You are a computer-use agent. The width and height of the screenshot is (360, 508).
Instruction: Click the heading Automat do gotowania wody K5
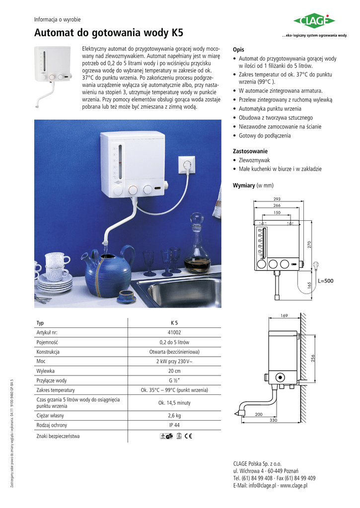(108, 34)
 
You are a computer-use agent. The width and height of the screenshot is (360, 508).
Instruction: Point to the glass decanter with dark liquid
(197, 246)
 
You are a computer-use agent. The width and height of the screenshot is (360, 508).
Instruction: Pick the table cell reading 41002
(174, 332)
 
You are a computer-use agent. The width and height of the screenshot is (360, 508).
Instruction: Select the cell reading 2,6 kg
(174, 415)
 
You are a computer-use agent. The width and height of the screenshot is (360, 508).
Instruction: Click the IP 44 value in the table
(174, 425)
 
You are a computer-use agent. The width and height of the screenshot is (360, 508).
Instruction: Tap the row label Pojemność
(47, 342)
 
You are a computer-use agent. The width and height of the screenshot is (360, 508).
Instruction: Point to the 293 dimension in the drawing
(277, 199)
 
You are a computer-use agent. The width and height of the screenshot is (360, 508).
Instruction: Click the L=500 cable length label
(325, 281)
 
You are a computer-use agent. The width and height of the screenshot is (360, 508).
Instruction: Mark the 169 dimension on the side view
(284, 316)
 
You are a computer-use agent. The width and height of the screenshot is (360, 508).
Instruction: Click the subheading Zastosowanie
(250, 151)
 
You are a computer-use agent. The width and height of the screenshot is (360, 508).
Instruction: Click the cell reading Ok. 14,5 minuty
(174, 402)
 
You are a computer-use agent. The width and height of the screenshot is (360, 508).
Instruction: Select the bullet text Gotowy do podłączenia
(265, 135)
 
